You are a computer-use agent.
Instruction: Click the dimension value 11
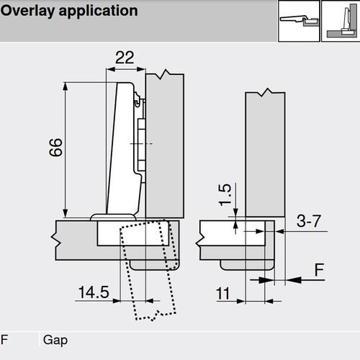coord(223,294)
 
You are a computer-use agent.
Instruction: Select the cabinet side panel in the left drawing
coord(166,144)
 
